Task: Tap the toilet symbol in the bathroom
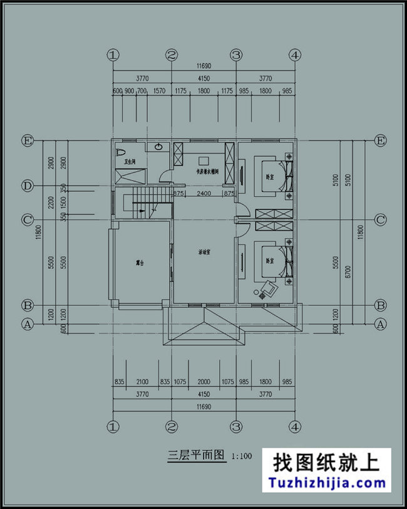point(121,152)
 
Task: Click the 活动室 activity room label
point(203,253)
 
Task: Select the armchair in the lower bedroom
point(269,288)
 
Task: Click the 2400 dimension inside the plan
point(202,193)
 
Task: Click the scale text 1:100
point(242,456)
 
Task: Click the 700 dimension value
point(142,91)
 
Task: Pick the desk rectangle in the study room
point(203,159)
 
